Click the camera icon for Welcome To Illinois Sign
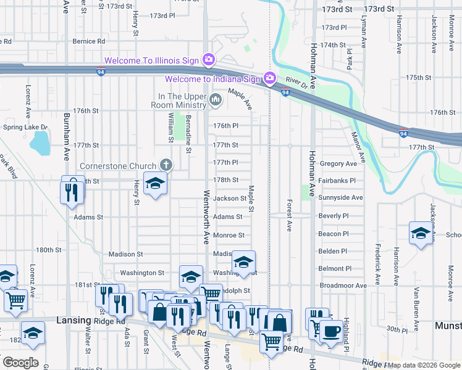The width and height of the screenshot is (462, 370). (209, 60)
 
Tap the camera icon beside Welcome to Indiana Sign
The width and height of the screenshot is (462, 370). (269, 78)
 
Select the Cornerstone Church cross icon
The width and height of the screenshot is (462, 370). (165, 165)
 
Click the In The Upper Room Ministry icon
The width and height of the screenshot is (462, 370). (216, 99)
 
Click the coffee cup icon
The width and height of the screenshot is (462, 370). (331, 331)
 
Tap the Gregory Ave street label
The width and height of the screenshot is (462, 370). (338, 163)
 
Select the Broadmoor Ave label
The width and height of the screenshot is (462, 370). (343, 286)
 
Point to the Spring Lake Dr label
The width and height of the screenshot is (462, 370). (22, 128)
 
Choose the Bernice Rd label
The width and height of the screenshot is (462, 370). (88, 41)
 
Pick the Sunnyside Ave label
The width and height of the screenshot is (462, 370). (341, 198)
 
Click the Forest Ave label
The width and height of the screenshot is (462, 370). (289, 216)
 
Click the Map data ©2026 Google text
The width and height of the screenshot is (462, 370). (423, 365)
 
